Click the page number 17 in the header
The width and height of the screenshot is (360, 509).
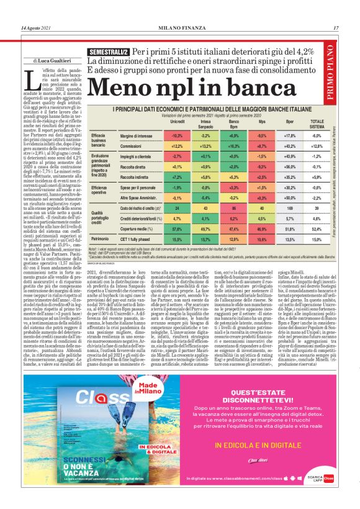335,27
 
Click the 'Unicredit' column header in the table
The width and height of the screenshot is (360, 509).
160,122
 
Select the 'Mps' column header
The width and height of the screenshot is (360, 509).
245,122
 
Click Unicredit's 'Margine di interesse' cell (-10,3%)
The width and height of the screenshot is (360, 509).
160,135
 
